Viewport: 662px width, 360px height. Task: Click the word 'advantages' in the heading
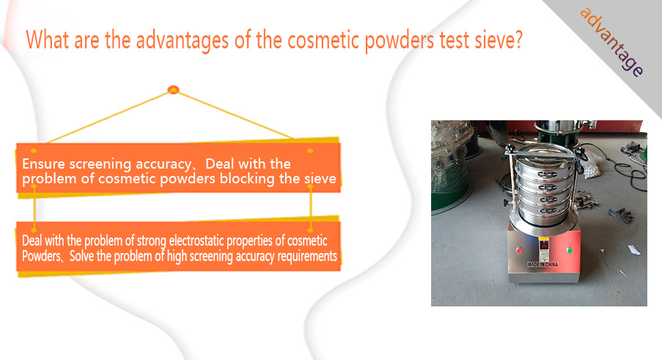pyautogui.click(x=183, y=41)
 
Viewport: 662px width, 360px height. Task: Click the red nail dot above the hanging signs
pyautogui.click(x=173, y=89)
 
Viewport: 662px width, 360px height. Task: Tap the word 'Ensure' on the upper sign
pyautogui.click(x=43, y=164)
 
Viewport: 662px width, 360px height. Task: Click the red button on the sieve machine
pyautogui.click(x=518, y=250)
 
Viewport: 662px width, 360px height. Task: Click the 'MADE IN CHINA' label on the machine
pyautogui.click(x=543, y=264)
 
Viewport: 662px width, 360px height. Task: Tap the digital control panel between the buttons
pyautogui.click(x=544, y=249)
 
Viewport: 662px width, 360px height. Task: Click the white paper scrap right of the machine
pyautogui.click(x=634, y=249)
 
